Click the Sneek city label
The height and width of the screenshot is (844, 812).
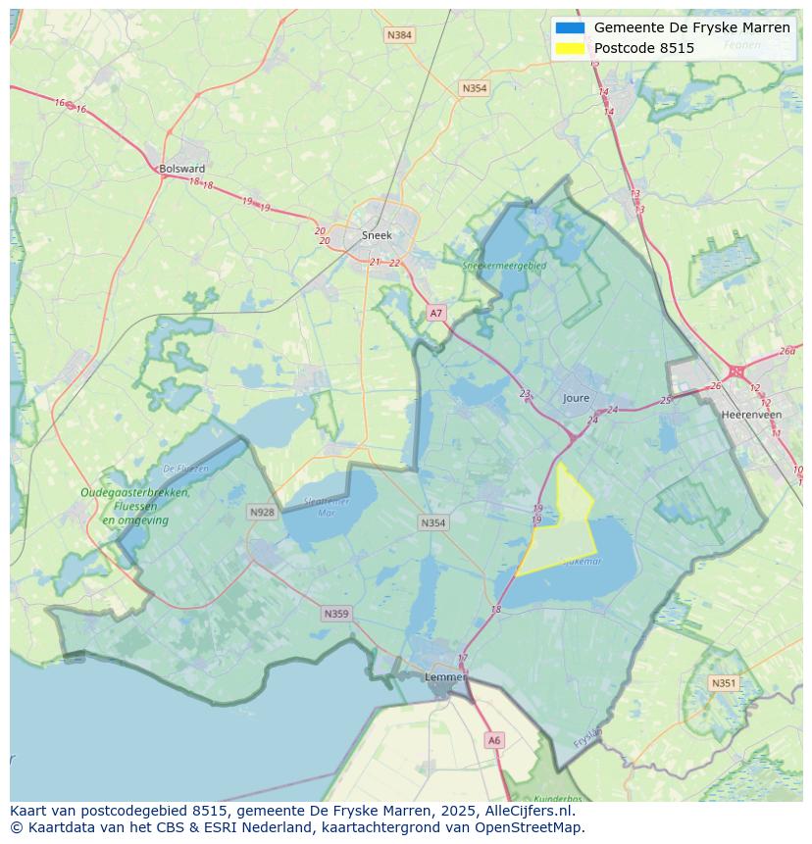point(377,235)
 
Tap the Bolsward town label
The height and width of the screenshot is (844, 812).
point(182,169)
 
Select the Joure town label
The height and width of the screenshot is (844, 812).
point(577,398)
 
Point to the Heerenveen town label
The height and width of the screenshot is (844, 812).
point(751,415)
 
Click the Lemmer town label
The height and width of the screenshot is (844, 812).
point(443,677)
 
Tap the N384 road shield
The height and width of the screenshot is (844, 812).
point(399,35)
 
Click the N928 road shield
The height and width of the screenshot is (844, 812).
point(262,512)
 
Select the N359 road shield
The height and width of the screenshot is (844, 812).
point(335,614)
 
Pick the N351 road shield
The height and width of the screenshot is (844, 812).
point(724,683)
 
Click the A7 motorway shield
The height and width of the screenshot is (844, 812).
point(436,314)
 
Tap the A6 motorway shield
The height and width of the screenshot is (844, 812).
point(494,741)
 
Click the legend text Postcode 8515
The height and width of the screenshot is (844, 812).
point(643,48)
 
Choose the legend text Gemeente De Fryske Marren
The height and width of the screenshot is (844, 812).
point(691,28)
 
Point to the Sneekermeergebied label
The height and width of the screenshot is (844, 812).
point(504,265)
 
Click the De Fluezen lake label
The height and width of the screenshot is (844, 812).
point(186,469)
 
